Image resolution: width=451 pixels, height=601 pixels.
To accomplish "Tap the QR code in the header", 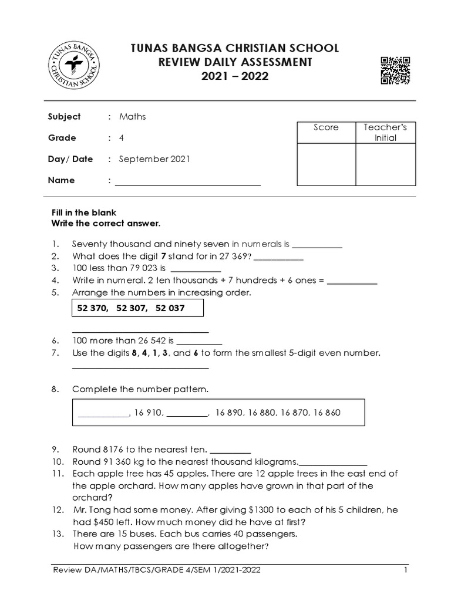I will pyautogui.click(x=395, y=71).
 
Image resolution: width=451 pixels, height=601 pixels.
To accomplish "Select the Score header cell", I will pyautogui.click(x=326, y=127).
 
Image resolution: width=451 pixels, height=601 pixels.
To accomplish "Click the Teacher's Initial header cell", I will pyautogui.click(x=385, y=133).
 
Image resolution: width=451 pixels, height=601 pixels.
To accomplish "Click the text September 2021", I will pyautogui.click(x=154, y=159).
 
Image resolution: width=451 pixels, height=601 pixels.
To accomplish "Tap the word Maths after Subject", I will pyautogui.click(x=132, y=117).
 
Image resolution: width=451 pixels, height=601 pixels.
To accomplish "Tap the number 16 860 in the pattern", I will pyautogui.click(x=327, y=413).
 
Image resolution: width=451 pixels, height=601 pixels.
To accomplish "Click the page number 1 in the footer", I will pyautogui.click(x=405, y=570).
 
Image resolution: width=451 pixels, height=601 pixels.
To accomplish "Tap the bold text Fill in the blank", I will pyautogui.click(x=84, y=212).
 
